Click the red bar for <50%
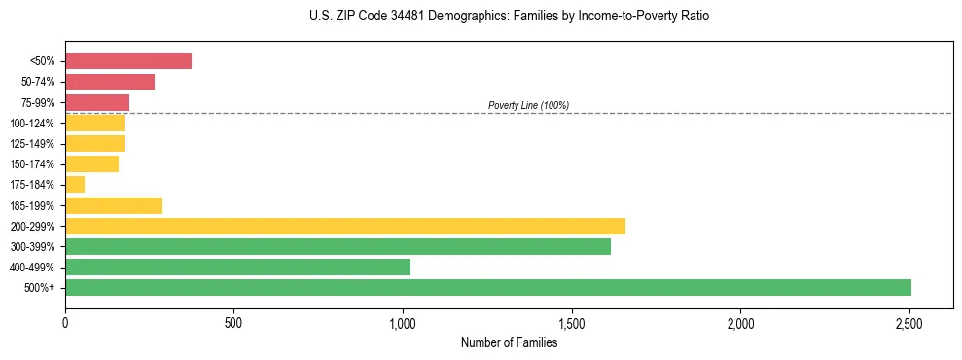(128, 61)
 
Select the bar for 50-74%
(110, 82)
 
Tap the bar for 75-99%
(97, 102)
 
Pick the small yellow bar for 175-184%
(75, 185)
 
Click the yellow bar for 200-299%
(345, 226)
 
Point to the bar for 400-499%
(237, 268)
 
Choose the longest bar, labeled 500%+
(488, 288)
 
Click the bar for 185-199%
(114, 205)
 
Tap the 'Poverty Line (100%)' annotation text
(528, 105)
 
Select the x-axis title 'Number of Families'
(509, 342)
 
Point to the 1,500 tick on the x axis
(572, 322)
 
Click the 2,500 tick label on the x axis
(909, 322)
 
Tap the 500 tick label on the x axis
(233, 322)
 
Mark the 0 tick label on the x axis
(65, 322)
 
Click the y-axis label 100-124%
(32, 124)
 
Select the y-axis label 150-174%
(32, 164)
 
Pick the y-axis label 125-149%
(32, 144)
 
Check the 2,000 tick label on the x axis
(740, 322)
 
